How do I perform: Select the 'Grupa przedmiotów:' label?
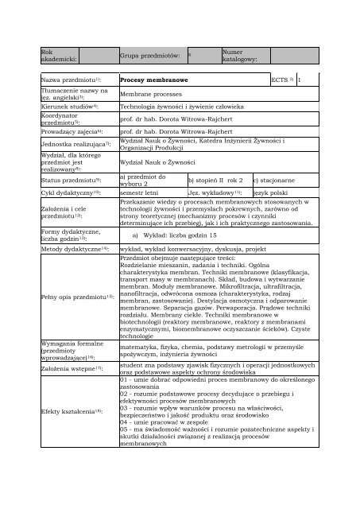click(x=149, y=56)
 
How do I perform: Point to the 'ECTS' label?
click(x=280, y=80)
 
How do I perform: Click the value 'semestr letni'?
click(x=138, y=193)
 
